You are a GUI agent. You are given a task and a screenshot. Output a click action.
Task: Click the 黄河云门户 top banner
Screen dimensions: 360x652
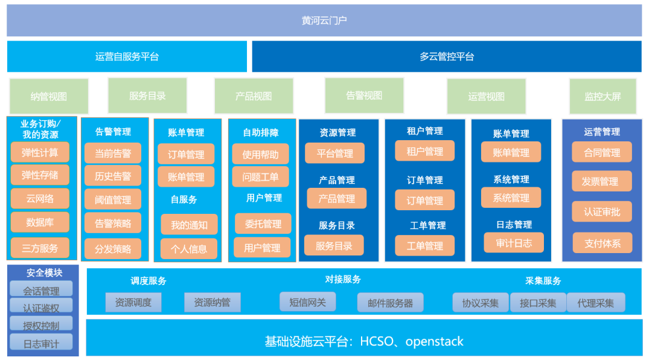324,21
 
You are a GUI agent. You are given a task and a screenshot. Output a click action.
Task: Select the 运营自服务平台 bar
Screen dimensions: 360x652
127,57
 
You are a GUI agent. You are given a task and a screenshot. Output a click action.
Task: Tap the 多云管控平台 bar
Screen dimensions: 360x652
447,57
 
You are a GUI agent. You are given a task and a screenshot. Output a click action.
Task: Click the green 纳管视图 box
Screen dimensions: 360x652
49,97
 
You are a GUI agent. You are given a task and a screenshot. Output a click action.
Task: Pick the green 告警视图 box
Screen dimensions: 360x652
364,95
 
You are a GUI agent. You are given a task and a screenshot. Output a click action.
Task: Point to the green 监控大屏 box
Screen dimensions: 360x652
602,97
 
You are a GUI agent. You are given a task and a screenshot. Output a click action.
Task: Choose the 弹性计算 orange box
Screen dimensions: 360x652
40,152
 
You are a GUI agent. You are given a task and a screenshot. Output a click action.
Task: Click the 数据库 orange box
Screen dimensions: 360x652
40,222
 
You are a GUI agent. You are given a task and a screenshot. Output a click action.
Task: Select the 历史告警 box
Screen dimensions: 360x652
113,176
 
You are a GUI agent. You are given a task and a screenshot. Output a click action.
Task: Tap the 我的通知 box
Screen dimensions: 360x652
189,225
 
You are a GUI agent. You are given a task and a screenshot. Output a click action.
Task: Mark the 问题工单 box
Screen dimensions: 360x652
261,177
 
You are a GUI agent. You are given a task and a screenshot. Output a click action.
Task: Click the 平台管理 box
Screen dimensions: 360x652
335,153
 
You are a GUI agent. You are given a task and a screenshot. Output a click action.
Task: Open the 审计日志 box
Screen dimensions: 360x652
514,243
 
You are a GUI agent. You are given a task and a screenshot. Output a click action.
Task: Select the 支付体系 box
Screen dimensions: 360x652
602,243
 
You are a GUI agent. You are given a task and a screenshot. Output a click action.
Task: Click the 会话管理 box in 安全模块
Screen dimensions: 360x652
41,291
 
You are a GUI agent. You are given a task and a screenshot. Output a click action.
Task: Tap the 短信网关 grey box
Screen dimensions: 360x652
307,301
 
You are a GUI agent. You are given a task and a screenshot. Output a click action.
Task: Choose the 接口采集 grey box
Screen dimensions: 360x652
538,303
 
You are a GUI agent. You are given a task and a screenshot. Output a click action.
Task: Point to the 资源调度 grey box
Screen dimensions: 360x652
133,303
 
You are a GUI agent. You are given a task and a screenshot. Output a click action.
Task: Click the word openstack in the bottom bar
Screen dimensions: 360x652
435,341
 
